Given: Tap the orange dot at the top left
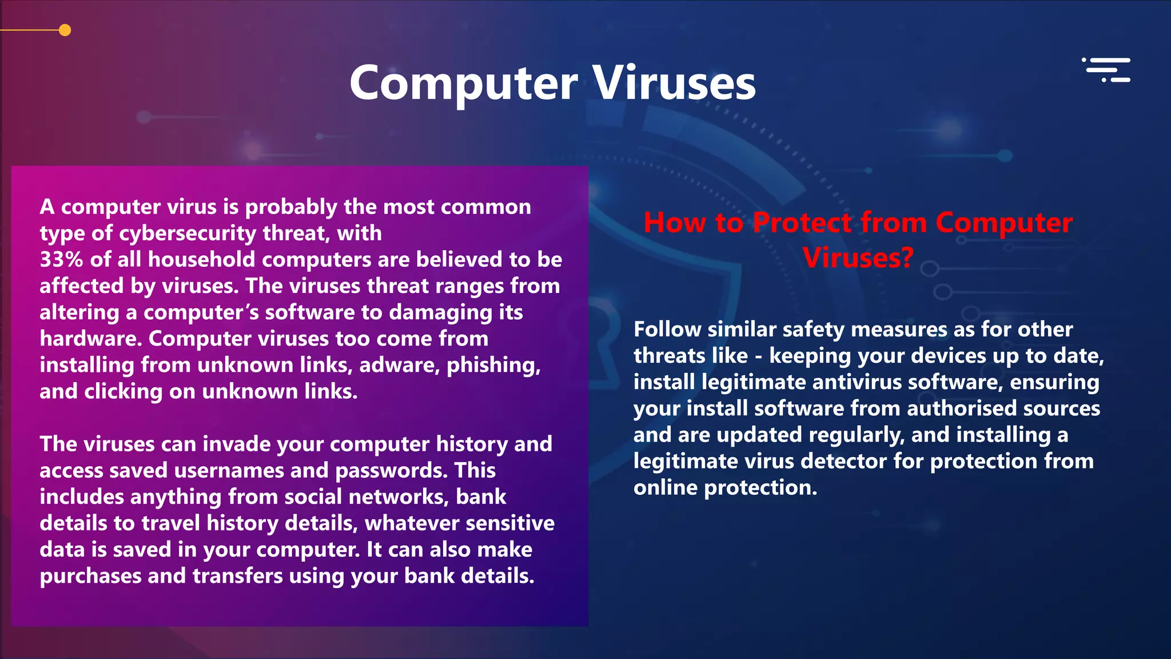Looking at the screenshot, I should pos(65,30).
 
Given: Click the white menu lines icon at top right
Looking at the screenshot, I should pos(1108,70).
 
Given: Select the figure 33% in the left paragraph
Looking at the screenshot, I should pos(61,260).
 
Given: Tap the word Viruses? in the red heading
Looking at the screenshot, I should pos(858,257).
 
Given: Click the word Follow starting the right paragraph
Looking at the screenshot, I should pos(667,329).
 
